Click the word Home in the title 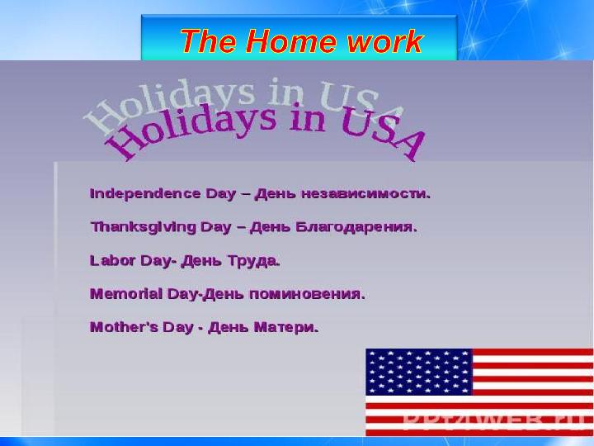point(290,40)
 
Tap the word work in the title point(384,41)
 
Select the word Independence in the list point(145,194)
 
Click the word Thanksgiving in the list point(144,228)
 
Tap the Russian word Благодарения point(356,227)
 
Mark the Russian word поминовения point(307,294)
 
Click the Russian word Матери point(286,327)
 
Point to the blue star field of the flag point(419,372)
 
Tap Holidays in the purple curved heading point(190,128)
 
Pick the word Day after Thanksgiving point(215,228)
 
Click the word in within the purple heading point(307,117)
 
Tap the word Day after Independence point(221,194)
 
